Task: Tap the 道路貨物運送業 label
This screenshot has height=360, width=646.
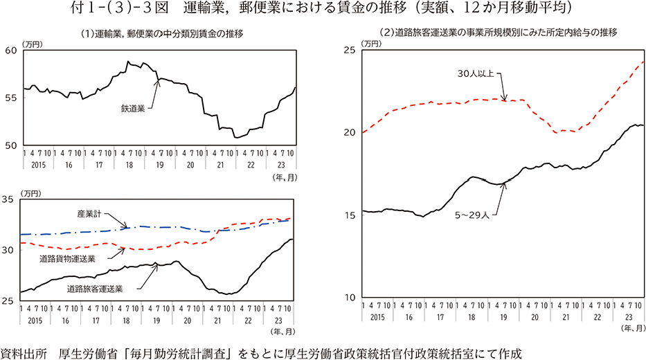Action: pyautogui.click(x=67, y=258)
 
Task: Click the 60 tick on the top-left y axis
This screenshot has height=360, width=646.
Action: pyautogui.click(x=10, y=51)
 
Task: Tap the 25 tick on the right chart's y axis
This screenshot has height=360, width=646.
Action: pyautogui.click(x=349, y=50)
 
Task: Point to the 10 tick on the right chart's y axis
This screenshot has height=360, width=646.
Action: pyautogui.click(x=349, y=298)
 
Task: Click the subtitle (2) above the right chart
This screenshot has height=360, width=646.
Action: pyautogui.click(x=498, y=33)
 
